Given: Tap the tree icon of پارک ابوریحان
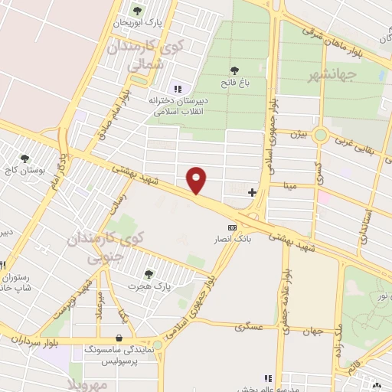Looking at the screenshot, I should click(137, 10).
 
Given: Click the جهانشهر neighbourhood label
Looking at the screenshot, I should click(332, 75).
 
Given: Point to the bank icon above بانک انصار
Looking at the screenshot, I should click(232, 227).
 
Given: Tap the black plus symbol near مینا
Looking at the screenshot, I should click(252, 191).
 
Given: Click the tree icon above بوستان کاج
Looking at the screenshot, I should click(25, 158).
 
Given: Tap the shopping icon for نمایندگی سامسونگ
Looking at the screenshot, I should click(119, 337).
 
